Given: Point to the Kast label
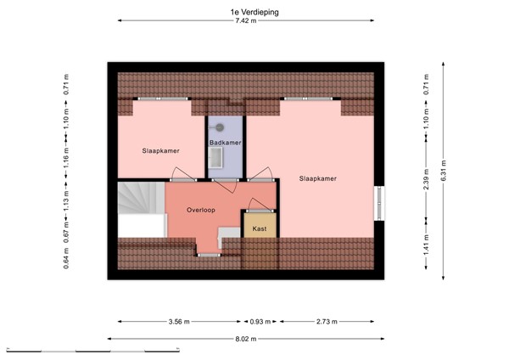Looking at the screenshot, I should coord(260,228).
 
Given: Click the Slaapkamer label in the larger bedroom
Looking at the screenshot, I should coord(318,179).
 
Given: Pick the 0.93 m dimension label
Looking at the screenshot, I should coord(261,322).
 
